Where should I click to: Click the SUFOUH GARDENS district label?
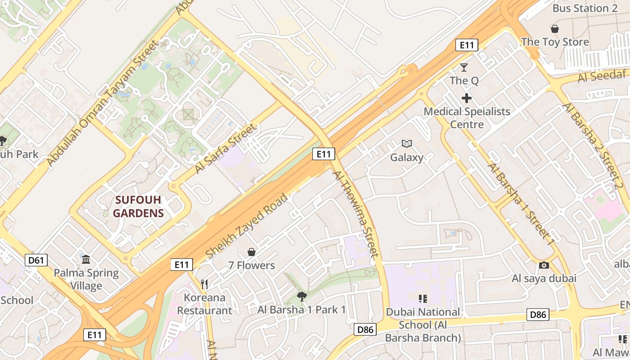[x=138, y=207]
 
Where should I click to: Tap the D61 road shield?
[x=36, y=260]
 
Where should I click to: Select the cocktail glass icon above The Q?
[x=464, y=67]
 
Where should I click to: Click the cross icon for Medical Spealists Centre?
[x=467, y=98]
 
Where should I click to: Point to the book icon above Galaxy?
[x=407, y=144]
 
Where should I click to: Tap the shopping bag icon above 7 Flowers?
[x=252, y=252]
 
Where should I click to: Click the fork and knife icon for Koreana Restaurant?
[x=204, y=284]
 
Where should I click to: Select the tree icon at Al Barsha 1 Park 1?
[x=301, y=296]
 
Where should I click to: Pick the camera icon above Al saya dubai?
[x=544, y=265]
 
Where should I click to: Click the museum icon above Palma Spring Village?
[x=86, y=259]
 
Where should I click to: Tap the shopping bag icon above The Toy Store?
[x=555, y=29]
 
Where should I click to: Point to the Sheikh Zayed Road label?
[x=246, y=226]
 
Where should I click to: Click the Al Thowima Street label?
[x=356, y=214]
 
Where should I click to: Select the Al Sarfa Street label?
[x=225, y=148]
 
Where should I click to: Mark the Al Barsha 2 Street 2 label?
[x=595, y=147]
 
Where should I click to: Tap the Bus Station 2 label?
[x=585, y=8]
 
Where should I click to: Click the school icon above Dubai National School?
[x=423, y=298]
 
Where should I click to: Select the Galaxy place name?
[x=407, y=157]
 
